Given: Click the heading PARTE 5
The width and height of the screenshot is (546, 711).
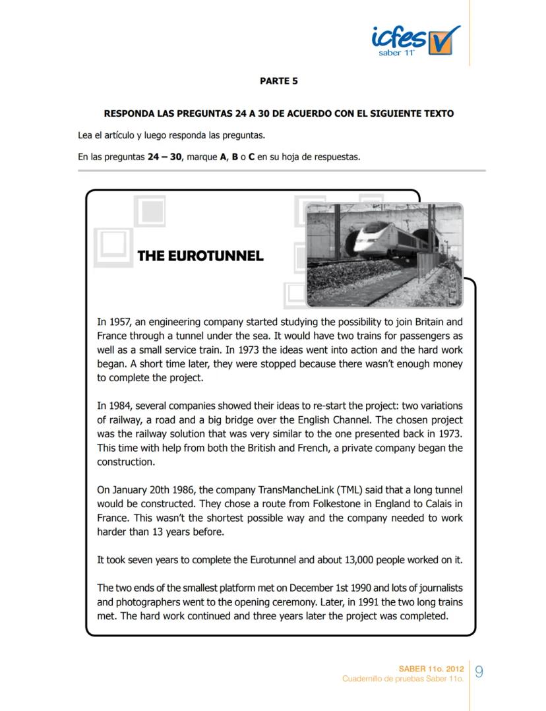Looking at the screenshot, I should (x=278, y=81).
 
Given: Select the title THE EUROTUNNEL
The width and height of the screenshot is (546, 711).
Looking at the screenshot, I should (x=200, y=256).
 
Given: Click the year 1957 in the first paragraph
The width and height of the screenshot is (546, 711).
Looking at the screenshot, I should (x=121, y=322).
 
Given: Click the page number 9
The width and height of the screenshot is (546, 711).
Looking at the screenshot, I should (x=479, y=672).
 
